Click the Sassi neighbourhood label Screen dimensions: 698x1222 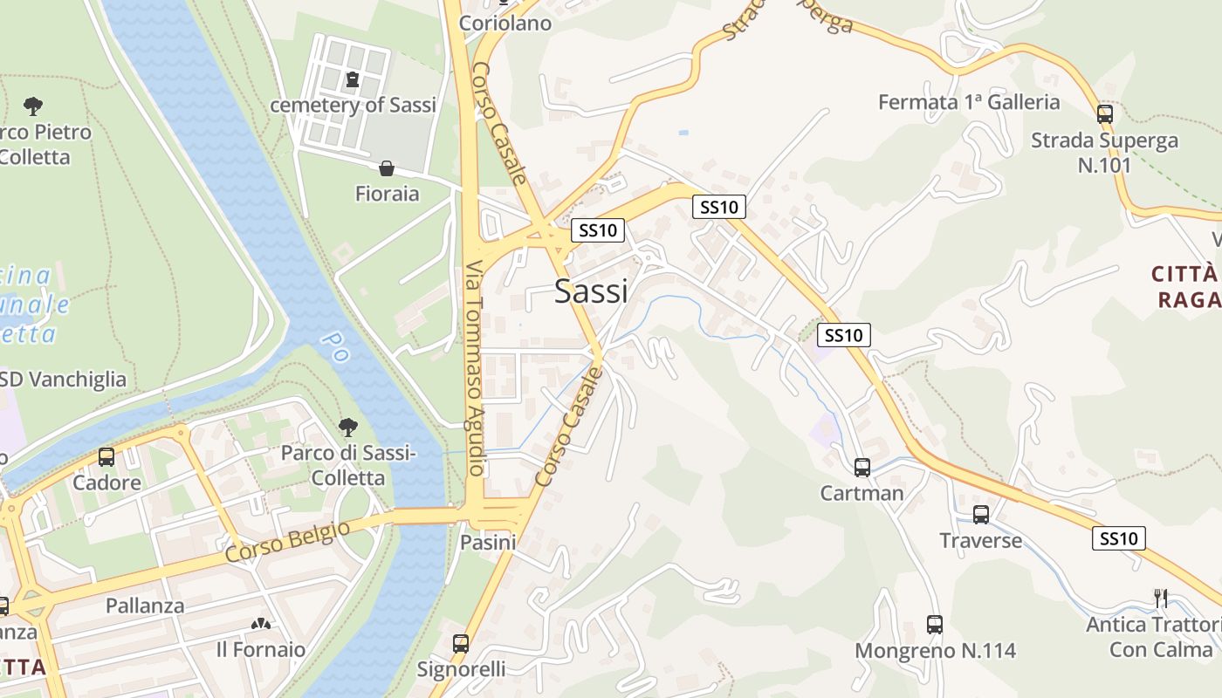click(x=591, y=291)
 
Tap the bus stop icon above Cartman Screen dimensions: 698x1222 click(x=862, y=468)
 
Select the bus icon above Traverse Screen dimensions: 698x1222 click(x=981, y=515)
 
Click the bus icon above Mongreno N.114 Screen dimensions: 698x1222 click(x=935, y=625)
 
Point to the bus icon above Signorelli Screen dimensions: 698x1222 click(x=461, y=644)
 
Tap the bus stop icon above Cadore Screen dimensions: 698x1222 click(x=106, y=457)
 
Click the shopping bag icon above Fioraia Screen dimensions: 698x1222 click(x=387, y=168)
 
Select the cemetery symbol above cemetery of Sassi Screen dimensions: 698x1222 click(x=353, y=80)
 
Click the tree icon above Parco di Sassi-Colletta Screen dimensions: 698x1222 click(x=348, y=428)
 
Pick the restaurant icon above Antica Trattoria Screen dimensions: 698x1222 click(x=1161, y=599)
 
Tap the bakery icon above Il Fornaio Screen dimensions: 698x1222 click(x=260, y=624)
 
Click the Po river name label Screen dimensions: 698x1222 click(x=334, y=346)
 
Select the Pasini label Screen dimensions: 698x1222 click(x=488, y=543)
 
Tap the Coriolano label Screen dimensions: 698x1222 click(x=505, y=24)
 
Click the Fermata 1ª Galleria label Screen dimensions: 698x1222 click(x=969, y=102)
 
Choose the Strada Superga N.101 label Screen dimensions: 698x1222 click(x=1104, y=152)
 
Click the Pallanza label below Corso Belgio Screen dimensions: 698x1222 click(x=145, y=606)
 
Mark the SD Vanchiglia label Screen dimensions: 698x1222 click(x=63, y=380)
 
